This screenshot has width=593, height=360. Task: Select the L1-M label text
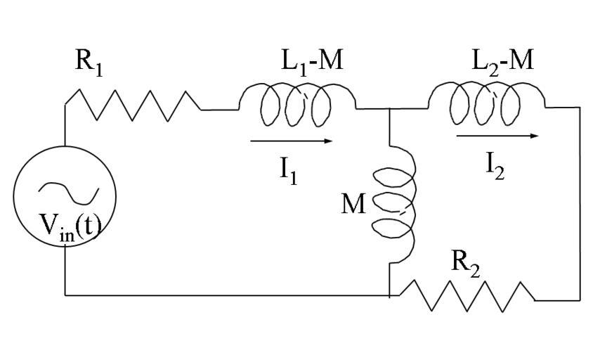click(309, 61)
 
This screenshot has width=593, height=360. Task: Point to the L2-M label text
click(502, 61)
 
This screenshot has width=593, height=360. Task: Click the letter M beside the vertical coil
click(353, 204)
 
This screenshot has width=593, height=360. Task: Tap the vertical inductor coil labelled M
click(398, 204)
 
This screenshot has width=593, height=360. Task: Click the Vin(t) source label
click(68, 227)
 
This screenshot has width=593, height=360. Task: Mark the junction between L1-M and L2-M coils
click(389, 109)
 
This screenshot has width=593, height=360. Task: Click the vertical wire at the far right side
click(580, 204)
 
